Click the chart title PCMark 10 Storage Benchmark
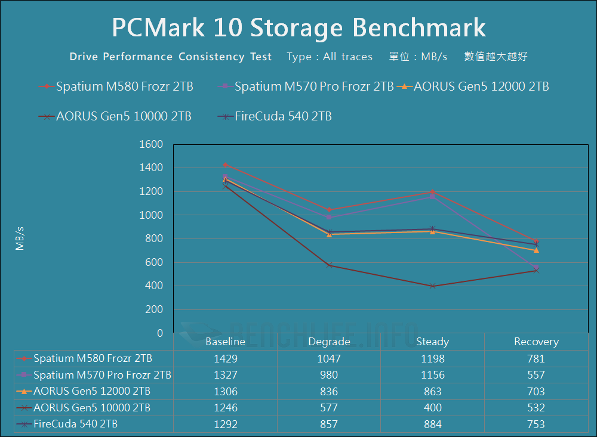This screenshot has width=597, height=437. (x=298, y=28)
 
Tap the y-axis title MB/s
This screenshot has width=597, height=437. (x=20, y=238)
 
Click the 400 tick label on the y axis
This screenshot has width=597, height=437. (x=153, y=286)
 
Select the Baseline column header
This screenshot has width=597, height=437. (x=225, y=342)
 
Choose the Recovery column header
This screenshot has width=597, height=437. (x=536, y=342)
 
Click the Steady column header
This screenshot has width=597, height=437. (x=432, y=342)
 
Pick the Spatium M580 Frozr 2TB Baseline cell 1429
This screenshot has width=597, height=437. (x=225, y=358)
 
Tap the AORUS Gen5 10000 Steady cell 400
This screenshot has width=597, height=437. (x=432, y=408)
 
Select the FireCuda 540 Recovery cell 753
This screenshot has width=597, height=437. (x=536, y=424)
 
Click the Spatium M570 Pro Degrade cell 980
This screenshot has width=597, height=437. (x=328, y=375)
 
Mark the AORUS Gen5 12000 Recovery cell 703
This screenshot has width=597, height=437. (x=536, y=392)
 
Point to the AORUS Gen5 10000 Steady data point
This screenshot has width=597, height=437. (x=432, y=286)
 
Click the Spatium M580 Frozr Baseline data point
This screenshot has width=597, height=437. (x=225, y=165)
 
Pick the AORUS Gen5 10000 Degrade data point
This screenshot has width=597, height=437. (x=328, y=265)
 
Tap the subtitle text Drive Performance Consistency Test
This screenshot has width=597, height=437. (x=171, y=57)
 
